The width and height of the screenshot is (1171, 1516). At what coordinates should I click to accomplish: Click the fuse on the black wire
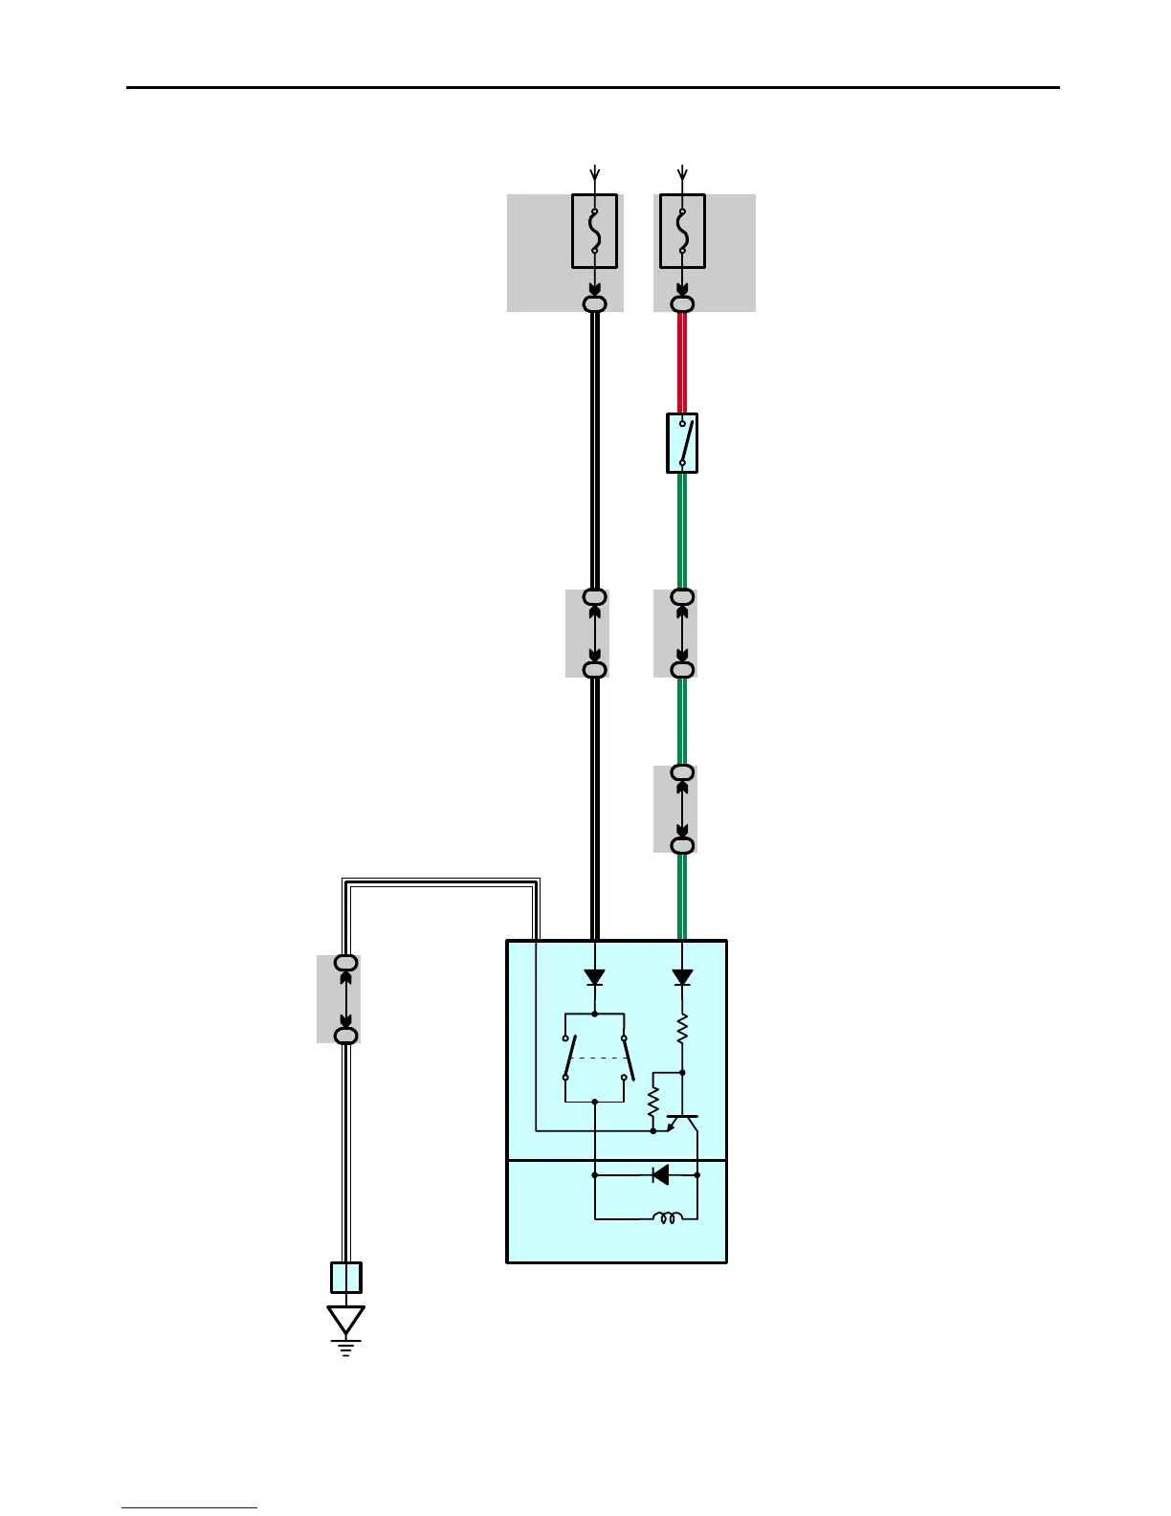pyautogui.click(x=594, y=232)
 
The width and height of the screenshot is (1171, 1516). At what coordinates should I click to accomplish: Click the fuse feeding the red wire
pyautogui.click(x=682, y=232)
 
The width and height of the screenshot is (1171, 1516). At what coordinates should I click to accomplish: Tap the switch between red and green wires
pyautogui.click(x=682, y=443)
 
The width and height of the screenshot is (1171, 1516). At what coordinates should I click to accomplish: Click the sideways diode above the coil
pyautogui.click(x=660, y=1174)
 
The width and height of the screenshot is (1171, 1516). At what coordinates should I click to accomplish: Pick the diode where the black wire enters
pyautogui.click(x=594, y=977)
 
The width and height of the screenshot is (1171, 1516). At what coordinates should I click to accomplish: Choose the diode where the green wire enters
pyautogui.click(x=682, y=977)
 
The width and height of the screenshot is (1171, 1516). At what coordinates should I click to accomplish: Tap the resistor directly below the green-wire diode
pyautogui.click(x=682, y=1030)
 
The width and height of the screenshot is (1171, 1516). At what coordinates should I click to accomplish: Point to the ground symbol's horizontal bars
pyautogui.click(x=345, y=1349)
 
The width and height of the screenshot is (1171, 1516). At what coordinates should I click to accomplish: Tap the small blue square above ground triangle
pyautogui.click(x=345, y=1278)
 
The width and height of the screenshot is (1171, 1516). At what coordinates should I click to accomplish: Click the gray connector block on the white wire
pyautogui.click(x=339, y=998)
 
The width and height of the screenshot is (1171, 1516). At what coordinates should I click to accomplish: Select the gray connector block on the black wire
pyautogui.click(x=586, y=634)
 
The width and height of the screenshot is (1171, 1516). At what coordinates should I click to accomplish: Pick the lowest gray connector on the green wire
pyautogui.click(x=675, y=809)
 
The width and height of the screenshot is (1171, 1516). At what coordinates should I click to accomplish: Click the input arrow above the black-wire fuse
pyautogui.click(x=594, y=173)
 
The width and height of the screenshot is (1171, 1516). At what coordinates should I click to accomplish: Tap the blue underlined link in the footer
pyautogui.click(x=189, y=1507)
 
